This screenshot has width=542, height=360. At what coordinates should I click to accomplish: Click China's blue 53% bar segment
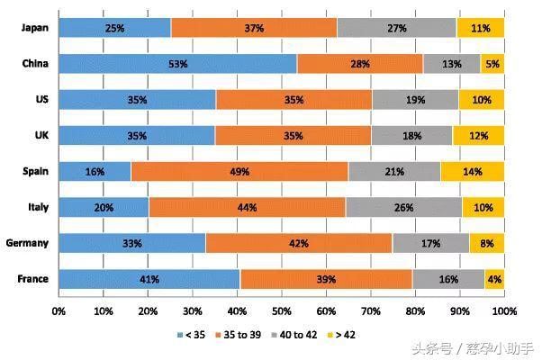tap(177, 63)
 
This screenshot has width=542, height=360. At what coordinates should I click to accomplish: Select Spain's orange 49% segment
tap(239, 171)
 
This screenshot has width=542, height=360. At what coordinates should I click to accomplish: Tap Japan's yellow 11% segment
tap(480, 28)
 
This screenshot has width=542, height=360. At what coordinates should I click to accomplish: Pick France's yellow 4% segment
tap(494, 279)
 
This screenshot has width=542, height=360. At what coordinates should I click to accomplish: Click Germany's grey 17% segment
tap(430, 243)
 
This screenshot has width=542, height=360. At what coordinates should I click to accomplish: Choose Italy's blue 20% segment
tap(104, 207)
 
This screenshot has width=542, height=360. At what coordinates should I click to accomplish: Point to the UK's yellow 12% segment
tap(478, 135)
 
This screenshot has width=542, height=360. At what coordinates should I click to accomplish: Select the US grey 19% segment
tap(415, 99)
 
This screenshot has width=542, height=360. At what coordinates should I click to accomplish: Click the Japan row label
tap(34, 28)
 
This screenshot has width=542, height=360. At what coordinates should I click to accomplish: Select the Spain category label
tap(34, 171)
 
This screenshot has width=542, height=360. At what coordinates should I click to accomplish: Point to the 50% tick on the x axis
tap(281, 310)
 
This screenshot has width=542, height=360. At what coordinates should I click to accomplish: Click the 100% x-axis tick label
tap(503, 310)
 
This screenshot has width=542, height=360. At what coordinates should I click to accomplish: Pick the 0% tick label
tap(59, 310)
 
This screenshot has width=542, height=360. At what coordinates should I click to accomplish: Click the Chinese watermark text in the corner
tap(473, 347)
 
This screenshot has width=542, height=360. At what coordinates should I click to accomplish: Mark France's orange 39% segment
tap(326, 279)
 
